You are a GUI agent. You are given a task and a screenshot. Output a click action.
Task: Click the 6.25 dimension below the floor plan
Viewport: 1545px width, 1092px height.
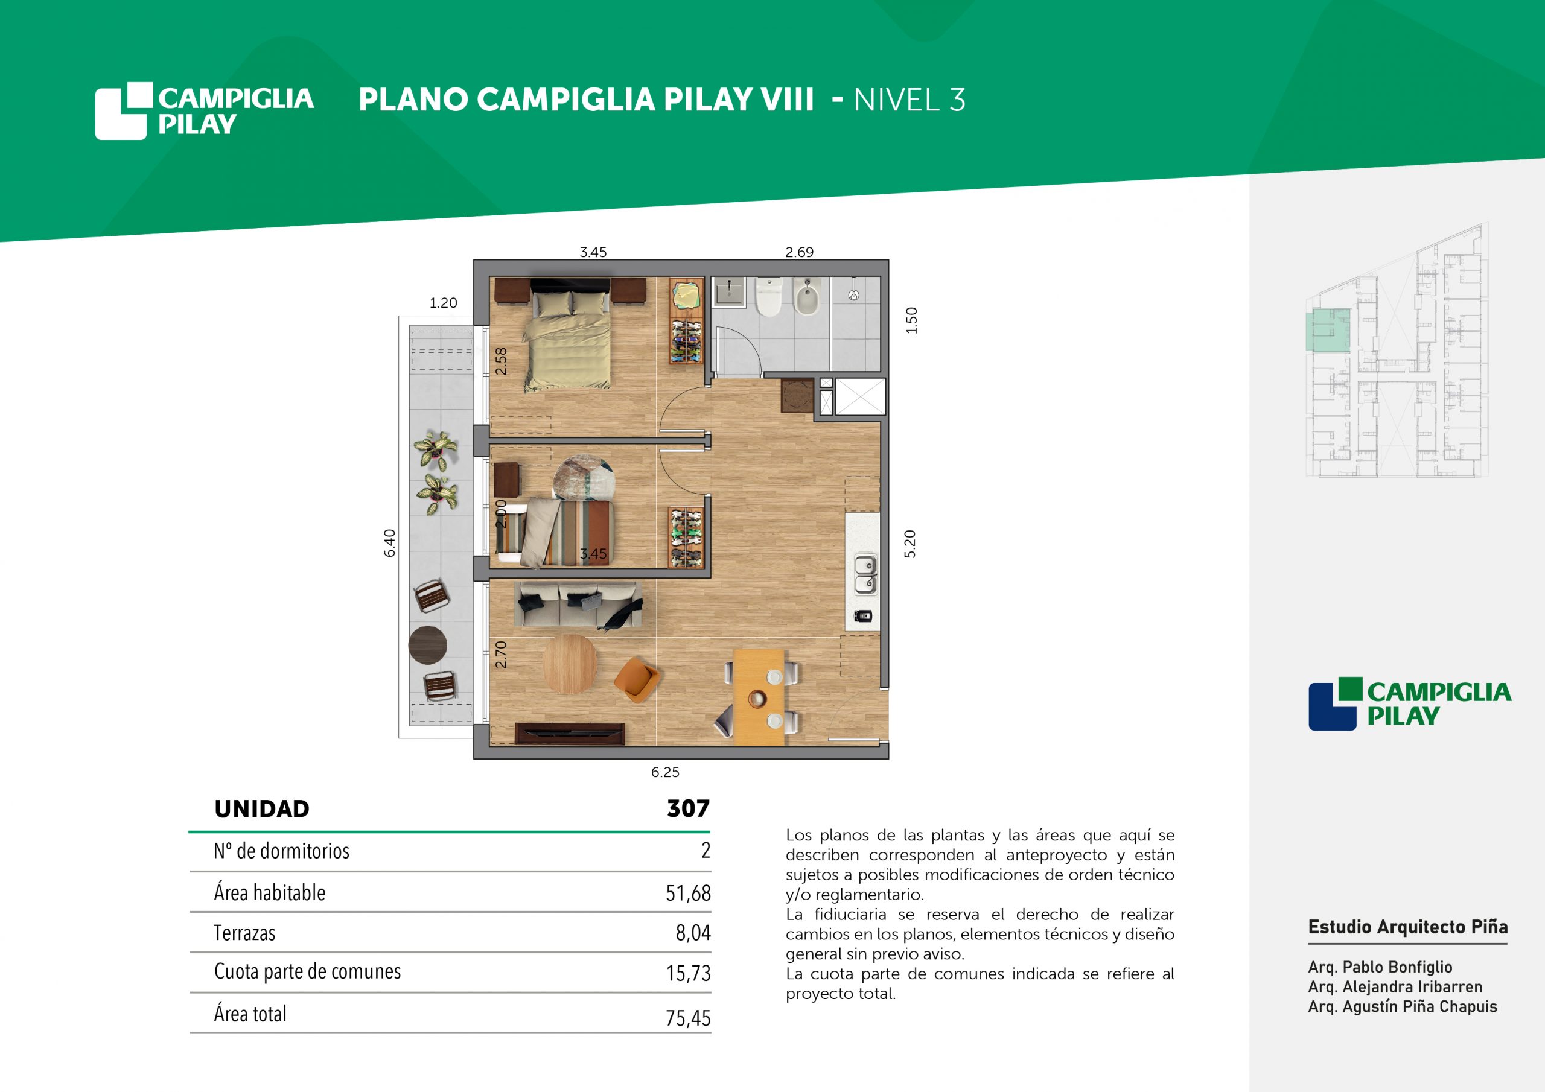coord(665,772)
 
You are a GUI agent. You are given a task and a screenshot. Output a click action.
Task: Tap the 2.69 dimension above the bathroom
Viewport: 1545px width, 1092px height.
coord(800,252)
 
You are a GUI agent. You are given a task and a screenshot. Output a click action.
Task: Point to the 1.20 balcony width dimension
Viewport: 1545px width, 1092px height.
coord(444,303)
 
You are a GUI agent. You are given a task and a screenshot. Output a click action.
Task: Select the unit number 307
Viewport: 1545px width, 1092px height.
coord(689,808)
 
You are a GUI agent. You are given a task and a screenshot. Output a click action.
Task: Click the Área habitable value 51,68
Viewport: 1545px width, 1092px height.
coord(689,893)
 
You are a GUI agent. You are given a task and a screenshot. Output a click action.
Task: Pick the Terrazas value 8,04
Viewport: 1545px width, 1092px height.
coord(693,933)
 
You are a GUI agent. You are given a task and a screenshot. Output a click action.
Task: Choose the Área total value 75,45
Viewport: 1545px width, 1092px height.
coord(689,1017)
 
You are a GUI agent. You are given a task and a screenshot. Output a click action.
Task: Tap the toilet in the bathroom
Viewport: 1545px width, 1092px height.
coord(768,297)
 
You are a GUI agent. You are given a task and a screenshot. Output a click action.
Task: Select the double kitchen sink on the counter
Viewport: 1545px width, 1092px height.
coord(865,574)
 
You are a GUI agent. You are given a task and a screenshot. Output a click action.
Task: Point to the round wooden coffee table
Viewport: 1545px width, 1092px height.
coord(569,664)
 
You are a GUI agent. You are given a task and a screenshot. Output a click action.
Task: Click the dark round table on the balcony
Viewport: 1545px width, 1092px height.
coord(427,644)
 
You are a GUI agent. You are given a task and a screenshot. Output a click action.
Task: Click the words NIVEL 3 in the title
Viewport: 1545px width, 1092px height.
coord(909,100)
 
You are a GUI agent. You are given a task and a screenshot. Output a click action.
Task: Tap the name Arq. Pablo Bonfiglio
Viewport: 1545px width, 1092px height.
coord(1380,967)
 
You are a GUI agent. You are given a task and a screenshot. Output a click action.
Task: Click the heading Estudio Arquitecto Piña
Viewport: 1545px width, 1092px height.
coord(1408,927)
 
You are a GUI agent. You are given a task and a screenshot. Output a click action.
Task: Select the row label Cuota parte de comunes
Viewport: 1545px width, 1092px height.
coord(308,971)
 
